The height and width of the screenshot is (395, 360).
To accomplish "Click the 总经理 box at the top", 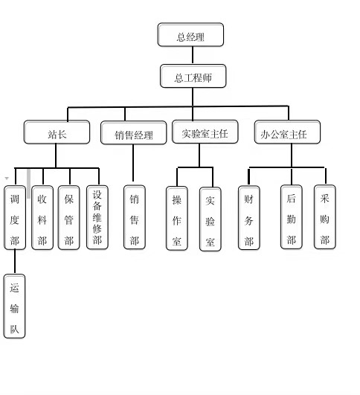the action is (190, 35).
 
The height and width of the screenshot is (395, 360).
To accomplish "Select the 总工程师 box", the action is (193, 76).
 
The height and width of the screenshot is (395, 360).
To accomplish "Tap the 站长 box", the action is (57, 132).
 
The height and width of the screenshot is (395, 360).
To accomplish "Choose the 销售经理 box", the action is (134, 133).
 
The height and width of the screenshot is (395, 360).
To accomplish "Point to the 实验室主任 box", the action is (205, 132).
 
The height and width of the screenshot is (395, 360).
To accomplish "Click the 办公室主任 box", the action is (287, 132).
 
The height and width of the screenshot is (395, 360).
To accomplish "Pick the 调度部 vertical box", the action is (15, 218).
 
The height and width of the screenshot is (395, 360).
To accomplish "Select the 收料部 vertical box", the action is (42, 218).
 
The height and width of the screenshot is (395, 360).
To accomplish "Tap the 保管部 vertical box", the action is (68, 218).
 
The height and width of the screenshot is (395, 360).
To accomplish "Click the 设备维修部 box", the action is (97, 218).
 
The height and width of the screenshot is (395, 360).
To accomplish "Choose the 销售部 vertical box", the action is (135, 217).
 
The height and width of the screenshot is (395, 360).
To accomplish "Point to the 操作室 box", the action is (177, 219).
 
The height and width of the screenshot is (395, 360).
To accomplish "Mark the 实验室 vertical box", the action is (210, 219).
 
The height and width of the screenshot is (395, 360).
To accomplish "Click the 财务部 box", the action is (249, 218).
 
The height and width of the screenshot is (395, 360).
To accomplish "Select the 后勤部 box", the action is (292, 217).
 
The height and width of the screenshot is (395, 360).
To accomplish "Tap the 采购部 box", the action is (325, 217).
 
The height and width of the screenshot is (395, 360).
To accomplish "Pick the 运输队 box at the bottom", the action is (14, 306).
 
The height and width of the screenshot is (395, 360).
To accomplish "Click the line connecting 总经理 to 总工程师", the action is (193, 56).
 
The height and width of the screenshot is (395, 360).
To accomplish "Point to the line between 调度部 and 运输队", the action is (15, 262).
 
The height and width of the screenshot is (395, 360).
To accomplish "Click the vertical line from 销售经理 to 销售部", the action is (133, 163).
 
